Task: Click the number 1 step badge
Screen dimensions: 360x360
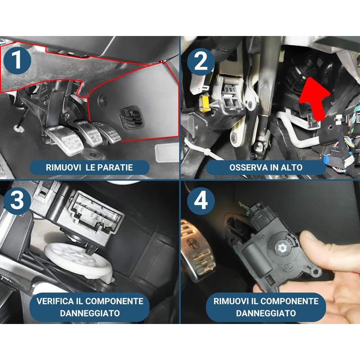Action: pyautogui.click(x=17, y=60)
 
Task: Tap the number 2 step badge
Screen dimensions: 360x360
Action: pyautogui.click(x=201, y=62)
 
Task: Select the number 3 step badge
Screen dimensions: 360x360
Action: pyautogui.click(x=17, y=200)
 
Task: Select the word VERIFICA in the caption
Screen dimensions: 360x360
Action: pyautogui.click(x=55, y=301)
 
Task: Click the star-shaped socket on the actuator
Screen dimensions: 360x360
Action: pyautogui.click(x=281, y=247)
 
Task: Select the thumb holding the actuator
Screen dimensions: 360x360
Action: pyautogui.click(x=326, y=250)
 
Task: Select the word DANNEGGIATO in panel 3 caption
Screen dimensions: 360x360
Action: pyautogui.click(x=90, y=313)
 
